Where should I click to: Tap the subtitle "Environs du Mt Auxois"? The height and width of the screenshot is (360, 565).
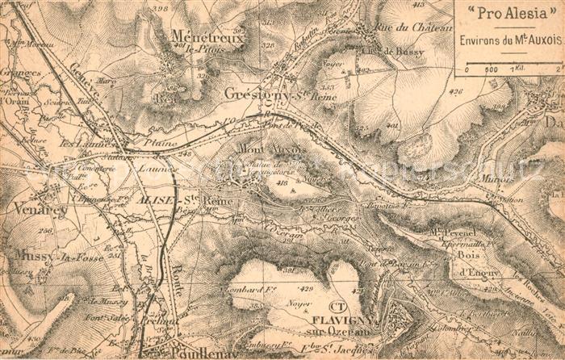tap(511, 39)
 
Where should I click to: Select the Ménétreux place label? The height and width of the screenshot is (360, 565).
tap(207, 36)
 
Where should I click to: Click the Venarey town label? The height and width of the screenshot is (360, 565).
tap(40, 208)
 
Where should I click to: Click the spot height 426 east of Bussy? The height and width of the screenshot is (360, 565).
tap(456, 91)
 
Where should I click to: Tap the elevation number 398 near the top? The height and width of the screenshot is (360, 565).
tap(159, 9)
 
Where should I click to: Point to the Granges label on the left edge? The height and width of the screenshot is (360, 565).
tap(20, 73)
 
